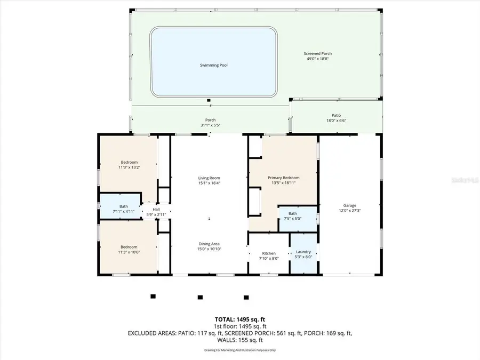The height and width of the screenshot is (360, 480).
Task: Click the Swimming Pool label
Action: (x=210, y=65)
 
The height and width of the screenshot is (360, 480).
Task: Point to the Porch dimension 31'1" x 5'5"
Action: (x=210, y=125)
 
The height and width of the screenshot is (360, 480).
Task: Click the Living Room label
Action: (x=209, y=178)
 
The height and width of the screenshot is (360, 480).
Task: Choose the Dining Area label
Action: (x=209, y=244)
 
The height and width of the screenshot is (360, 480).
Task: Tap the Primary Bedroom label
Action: (x=283, y=178)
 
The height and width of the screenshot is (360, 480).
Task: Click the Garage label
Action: (x=350, y=205)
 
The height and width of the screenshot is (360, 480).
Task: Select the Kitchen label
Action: (x=269, y=253)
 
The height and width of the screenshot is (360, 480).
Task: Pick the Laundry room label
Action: (x=303, y=252)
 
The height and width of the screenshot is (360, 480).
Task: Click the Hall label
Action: (x=156, y=210)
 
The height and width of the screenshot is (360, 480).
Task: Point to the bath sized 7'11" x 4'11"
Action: (x=124, y=212)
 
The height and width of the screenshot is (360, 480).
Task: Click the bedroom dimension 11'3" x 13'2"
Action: (x=129, y=167)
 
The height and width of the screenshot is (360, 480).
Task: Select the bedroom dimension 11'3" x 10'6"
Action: (x=129, y=252)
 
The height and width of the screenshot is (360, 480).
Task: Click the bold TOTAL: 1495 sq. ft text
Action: (x=239, y=319)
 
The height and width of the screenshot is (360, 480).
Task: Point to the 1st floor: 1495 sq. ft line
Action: (x=239, y=326)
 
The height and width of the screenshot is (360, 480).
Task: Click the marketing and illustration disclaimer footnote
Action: (x=239, y=350)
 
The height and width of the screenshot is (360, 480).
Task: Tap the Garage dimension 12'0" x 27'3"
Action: (x=350, y=211)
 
